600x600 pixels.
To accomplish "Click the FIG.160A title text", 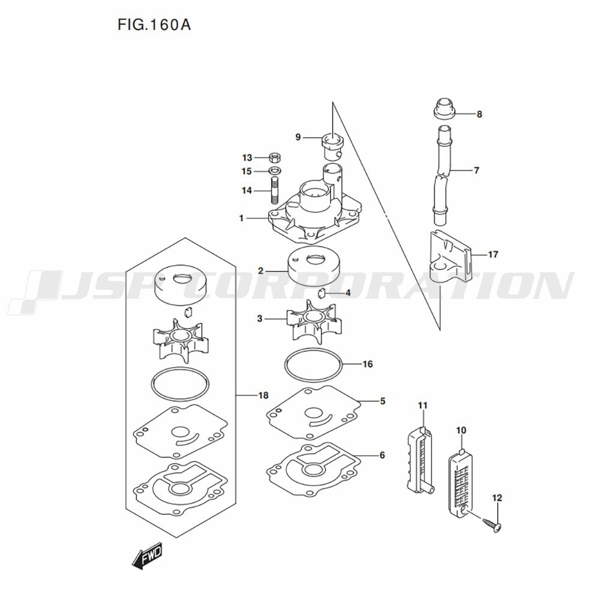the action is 154,25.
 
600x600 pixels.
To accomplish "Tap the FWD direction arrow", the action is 148,555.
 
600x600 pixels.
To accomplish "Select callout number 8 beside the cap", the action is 479,114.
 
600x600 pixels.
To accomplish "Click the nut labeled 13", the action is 274,157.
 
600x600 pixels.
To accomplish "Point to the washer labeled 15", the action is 274,170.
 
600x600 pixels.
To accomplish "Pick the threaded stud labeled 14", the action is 274,190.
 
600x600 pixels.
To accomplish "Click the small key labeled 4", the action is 322,293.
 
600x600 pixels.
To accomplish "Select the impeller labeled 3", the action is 314,320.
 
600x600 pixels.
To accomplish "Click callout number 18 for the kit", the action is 263,395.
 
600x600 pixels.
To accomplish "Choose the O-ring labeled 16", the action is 313,365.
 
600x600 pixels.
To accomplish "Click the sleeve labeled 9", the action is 332,146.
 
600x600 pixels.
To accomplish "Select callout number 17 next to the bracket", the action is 493,254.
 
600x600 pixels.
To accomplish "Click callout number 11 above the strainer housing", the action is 422,405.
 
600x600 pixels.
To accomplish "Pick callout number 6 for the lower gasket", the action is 382,455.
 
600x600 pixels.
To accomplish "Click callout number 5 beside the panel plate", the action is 382,401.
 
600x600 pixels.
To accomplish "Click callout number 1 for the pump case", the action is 241,218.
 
